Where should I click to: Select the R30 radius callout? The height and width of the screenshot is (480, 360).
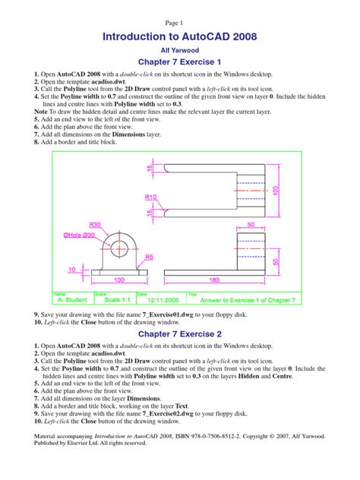coord(96,225)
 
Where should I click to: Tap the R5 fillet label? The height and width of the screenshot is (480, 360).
coord(150,257)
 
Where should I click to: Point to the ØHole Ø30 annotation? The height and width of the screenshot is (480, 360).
coord(74,235)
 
